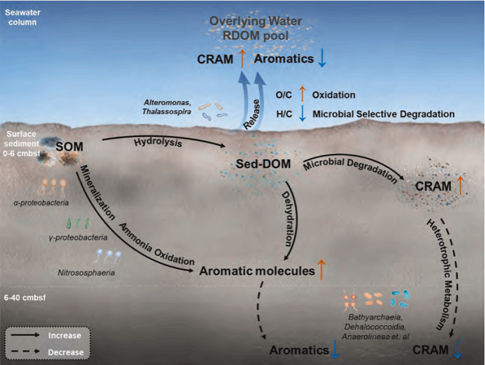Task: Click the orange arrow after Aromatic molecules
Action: (322, 270)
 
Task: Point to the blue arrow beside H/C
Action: (302, 113)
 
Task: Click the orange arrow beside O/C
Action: (302, 95)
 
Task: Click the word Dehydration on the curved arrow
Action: (292, 221)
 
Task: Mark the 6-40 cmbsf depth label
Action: (24, 297)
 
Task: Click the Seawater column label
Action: (20, 17)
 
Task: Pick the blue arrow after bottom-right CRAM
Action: (458, 350)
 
